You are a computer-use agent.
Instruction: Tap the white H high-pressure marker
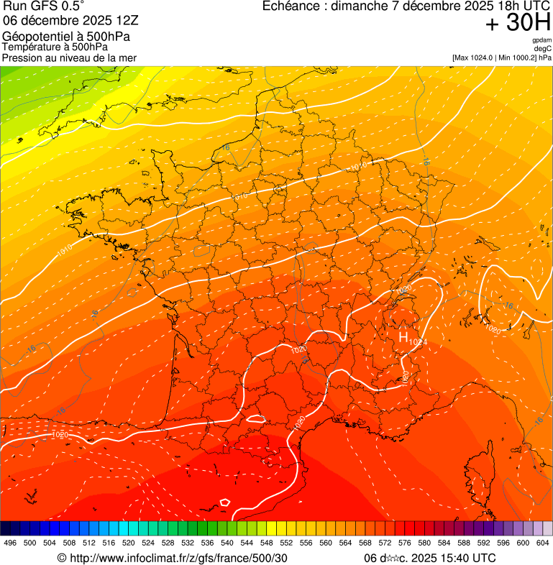(x=403, y=336)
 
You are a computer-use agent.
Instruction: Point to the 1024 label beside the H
(x=418, y=342)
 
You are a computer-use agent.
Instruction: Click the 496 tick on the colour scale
(x=10, y=543)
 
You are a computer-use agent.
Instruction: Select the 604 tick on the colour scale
(x=542, y=543)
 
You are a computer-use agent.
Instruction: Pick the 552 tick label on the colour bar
(x=286, y=543)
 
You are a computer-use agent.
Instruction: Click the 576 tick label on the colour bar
(x=405, y=543)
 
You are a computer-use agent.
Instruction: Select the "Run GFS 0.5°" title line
(x=42, y=6)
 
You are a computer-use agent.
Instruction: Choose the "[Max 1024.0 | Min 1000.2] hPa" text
(x=501, y=58)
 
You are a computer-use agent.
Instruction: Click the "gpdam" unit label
(x=541, y=40)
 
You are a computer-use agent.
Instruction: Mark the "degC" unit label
(x=543, y=48)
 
